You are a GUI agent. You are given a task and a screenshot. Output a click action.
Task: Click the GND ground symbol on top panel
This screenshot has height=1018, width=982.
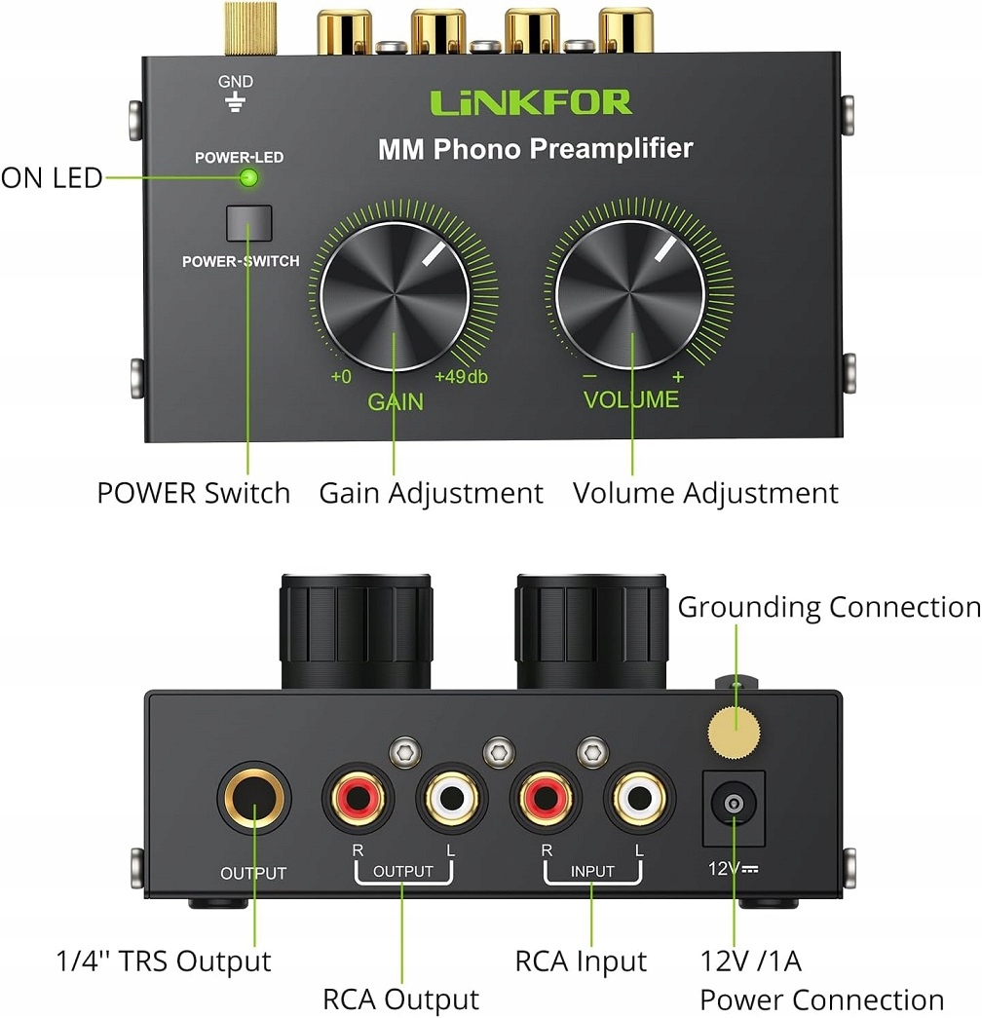(235, 102)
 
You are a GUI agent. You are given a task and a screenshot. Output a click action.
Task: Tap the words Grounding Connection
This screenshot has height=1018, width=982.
(828, 607)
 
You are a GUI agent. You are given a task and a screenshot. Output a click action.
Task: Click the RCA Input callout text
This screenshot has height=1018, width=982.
(581, 961)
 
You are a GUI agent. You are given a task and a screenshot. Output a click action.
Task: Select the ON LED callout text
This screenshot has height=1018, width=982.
(51, 178)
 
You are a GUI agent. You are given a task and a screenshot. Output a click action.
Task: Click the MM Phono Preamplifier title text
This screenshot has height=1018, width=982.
(535, 149)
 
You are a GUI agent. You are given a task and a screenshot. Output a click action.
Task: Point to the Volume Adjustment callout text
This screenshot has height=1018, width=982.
(704, 493)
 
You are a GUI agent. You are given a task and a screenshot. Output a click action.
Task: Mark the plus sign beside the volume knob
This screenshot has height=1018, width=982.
(678, 378)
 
